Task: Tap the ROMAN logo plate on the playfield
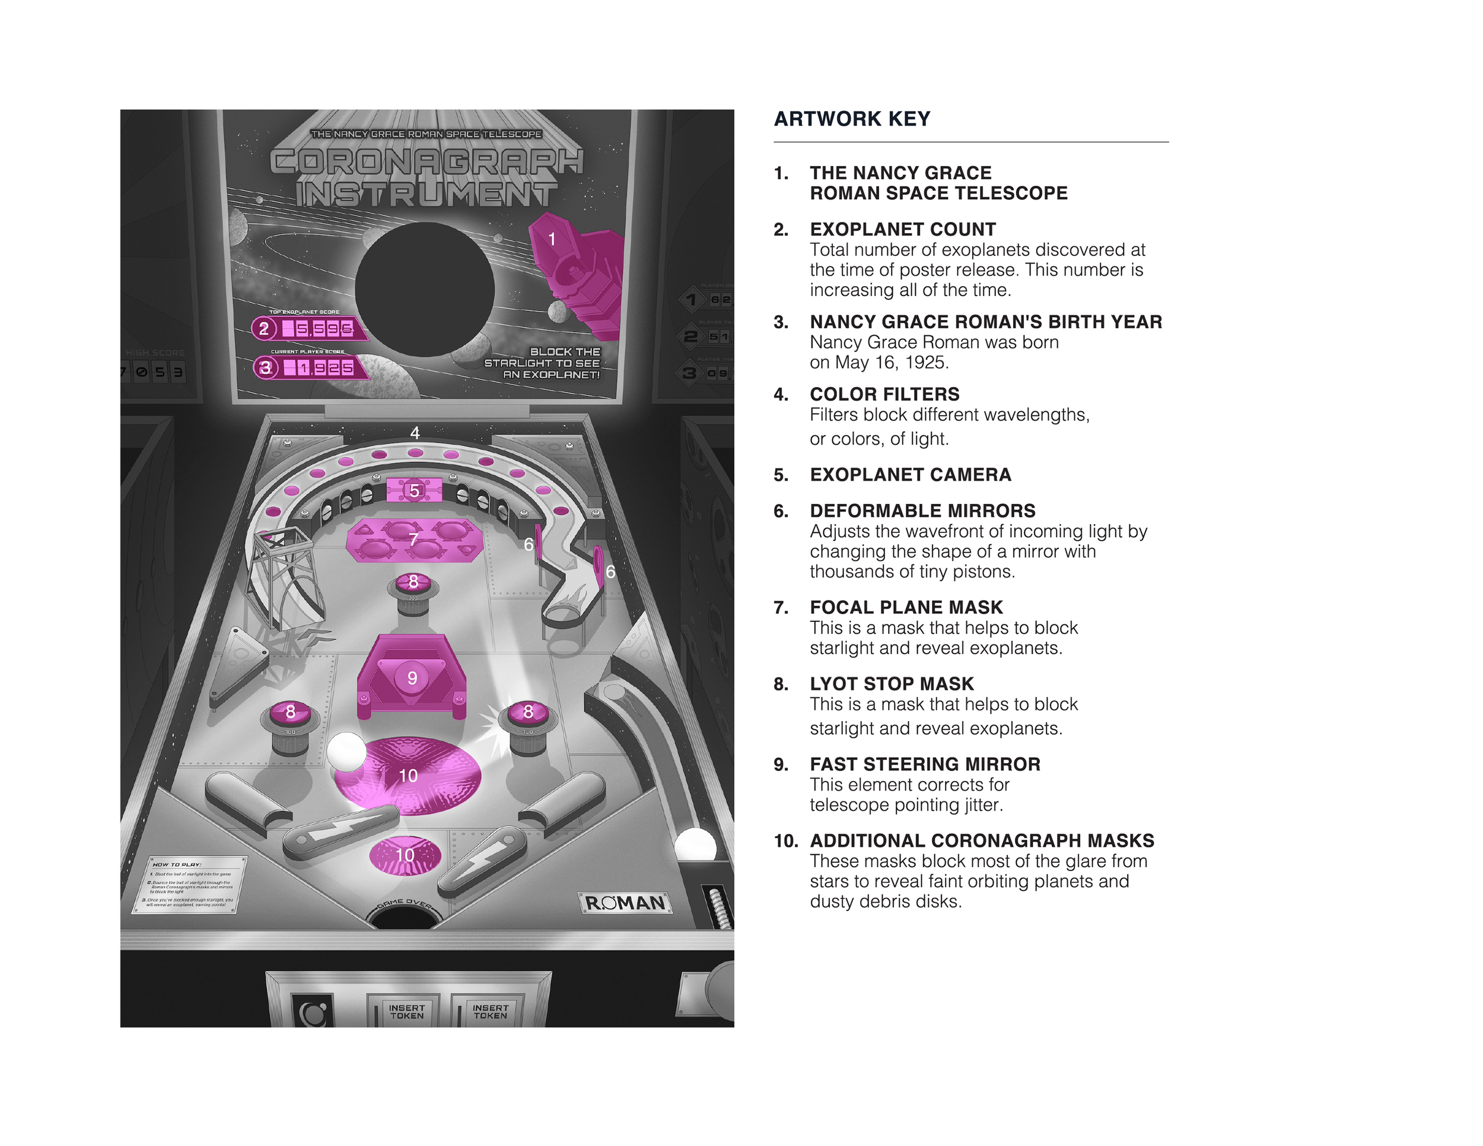click(625, 902)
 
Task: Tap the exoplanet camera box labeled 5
click(414, 490)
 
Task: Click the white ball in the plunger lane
click(695, 846)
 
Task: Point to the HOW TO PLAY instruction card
click(189, 884)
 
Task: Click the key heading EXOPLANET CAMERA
click(910, 475)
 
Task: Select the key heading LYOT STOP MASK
click(891, 684)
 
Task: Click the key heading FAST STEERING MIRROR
click(924, 764)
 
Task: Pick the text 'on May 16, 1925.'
click(879, 362)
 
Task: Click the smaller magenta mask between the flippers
click(405, 856)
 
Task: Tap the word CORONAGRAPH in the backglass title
click(427, 161)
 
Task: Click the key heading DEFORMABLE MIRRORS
click(922, 511)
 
